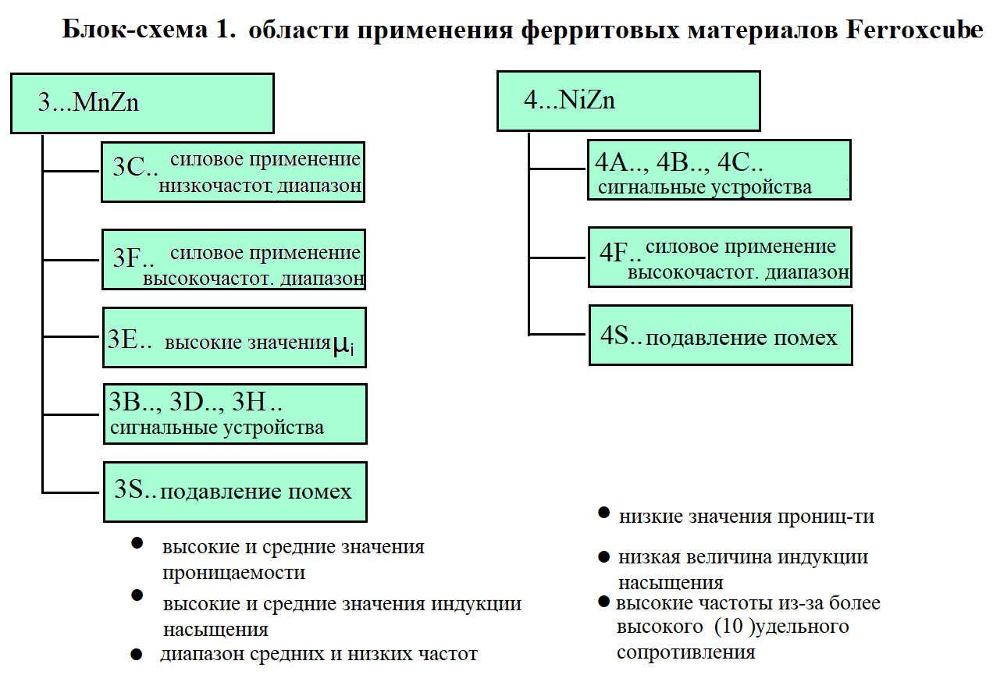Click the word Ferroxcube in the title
(x=914, y=30)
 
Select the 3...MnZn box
(x=142, y=103)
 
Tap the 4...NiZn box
(x=628, y=101)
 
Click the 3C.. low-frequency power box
(x=233, y=172)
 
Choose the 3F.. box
(x=234, y=260)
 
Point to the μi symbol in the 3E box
(x=343, y=345)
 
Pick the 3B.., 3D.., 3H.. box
(x=236, y=414)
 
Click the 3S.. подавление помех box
(x=236, y=492)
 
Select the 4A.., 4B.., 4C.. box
(x=719, y=170)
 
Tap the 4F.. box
(x=720, y=258)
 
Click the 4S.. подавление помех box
(x=721, y=335)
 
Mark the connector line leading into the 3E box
(x=71, y=337)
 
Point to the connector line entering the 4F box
(x=557, y=258)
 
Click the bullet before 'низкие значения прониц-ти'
(x=603, y=513)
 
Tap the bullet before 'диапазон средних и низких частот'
(x=137, y=654)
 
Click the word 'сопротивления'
(x=685, y=652)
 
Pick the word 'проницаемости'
(x=233, y=573)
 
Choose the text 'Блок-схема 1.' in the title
(x=149, y=30)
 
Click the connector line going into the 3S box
(x=71, y=492)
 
